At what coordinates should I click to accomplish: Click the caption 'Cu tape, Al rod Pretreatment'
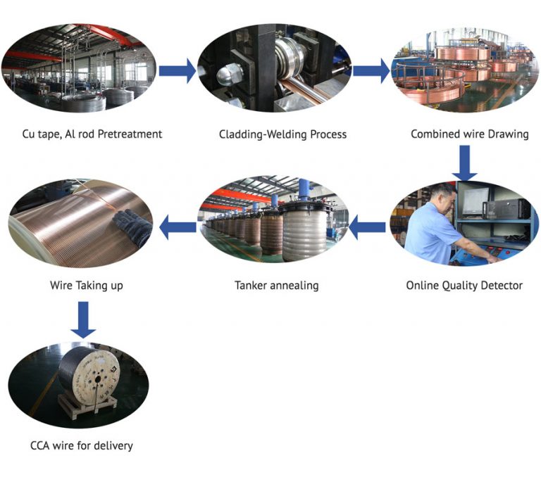pyautogui.click(x=92, y=134)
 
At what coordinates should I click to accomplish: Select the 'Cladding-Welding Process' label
pyautogui.click(x=282, y=134)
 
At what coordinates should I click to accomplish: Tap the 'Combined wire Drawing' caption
pyautogui.click(x=469, y=134)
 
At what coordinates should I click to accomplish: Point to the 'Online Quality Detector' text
pyautogui.click(x=464, y=286)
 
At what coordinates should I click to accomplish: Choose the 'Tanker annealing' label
pyautogui.click(x=276, y=286)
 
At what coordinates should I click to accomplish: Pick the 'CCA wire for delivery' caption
pyautogui.click(x=82, y=445)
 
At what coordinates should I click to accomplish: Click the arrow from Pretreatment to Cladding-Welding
pyautogui.click(x=177, y=70)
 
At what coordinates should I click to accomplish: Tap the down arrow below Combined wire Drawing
pyautogui.click(x=464, y=163)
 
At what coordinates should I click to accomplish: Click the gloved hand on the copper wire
pyautogui.click(x=134, y=224)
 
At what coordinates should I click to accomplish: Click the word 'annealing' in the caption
pyautogui.click(x=294, y=286)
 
